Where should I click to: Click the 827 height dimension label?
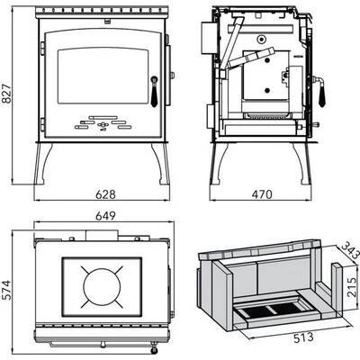6,94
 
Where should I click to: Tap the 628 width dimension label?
105,194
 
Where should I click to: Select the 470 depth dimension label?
262,194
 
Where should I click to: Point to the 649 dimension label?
105,216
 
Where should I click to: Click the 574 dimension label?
6,290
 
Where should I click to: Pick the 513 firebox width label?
303,337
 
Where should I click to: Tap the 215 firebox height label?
352,287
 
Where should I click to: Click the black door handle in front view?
154,92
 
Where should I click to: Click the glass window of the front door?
103,76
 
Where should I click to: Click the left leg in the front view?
43,164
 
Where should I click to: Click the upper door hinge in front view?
42,48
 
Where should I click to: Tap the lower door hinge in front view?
42,124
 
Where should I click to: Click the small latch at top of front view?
106,21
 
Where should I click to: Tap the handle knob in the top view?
154,347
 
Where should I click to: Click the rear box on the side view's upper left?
208,38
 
